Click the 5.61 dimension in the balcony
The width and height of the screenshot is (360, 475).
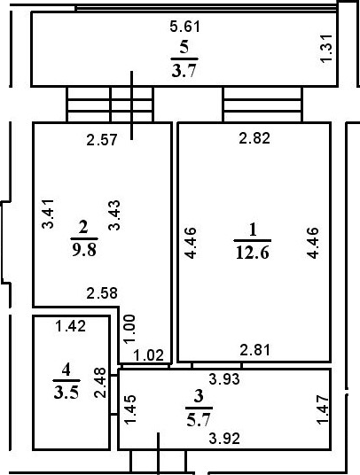tap(184, 27)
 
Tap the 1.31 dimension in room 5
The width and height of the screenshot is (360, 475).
tap(326, 49)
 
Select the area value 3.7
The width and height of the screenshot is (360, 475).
tap(184, 72)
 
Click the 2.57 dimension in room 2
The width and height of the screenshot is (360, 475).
tap(102, 140)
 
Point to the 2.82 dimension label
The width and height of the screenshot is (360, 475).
tap(254, 138)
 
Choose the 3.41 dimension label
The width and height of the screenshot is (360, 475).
tap(48, 214)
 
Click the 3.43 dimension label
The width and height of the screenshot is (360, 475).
tap(114, 215)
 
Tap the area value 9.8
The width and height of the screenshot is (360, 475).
tap(84, 250)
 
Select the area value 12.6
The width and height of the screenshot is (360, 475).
tap(253, 253)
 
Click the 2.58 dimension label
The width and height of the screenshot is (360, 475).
tap(102, 293)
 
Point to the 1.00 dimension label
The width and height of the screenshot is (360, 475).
tap(129, 329)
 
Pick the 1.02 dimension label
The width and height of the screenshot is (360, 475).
tap(148, 355)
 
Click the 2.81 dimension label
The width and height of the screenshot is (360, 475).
tap(254, 350)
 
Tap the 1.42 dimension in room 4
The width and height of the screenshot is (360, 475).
tap(71, 326)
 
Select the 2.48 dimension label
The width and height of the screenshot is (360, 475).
tap(100, 383)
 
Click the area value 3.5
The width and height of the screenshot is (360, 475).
tap(67, 393)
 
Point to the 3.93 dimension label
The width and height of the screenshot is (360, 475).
tap(224, 379)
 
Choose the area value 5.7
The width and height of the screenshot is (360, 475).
tap(199, 420)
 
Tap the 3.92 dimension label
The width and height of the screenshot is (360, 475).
tap(224, 439)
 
